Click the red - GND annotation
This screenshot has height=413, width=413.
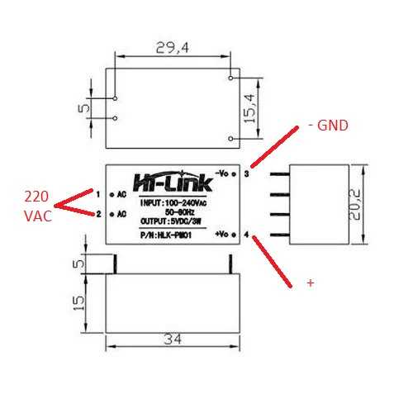click(x=328, y=126)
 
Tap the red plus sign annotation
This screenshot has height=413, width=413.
click(x=311, y=282)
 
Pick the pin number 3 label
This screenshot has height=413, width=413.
click(x=246, y=174)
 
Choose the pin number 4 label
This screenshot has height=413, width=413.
click(x=246, y=235)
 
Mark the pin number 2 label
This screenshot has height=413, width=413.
click(x=98, y=214)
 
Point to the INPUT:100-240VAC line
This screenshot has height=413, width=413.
click(x=173, y=202)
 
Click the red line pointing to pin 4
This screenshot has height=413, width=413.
click(x=273, y=260)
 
